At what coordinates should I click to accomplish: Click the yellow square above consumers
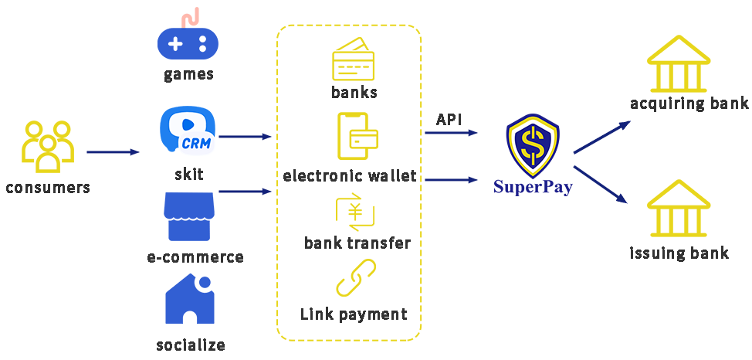point(48,146)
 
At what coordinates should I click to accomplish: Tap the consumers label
point(48,188)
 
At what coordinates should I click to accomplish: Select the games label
point(188,74)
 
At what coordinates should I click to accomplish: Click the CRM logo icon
point(188,131)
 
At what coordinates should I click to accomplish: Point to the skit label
point(188,174)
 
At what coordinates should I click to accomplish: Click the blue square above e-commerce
point(189,216)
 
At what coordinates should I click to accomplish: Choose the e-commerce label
point(195,257)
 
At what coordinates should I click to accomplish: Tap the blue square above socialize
point(190,298)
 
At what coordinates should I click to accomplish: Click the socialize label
point(191,345)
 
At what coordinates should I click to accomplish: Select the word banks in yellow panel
point(354,93)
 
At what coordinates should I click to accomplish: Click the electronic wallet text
point(350,176)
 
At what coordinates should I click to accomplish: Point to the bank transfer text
point(357,243)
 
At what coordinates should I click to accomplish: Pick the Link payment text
point(354,314)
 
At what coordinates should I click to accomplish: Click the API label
point(449,120)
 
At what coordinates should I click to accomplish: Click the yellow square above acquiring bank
point(679,63)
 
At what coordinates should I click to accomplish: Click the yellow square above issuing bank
point(679,208)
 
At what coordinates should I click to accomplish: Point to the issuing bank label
point(679,253)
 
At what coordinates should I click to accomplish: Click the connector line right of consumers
point(113,152)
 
